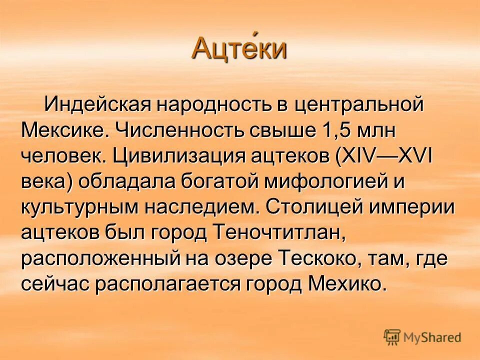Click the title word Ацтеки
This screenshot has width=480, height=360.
click(239, 48)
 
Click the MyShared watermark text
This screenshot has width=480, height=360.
click(431, 337)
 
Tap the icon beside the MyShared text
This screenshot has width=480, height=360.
click(392, 337)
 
